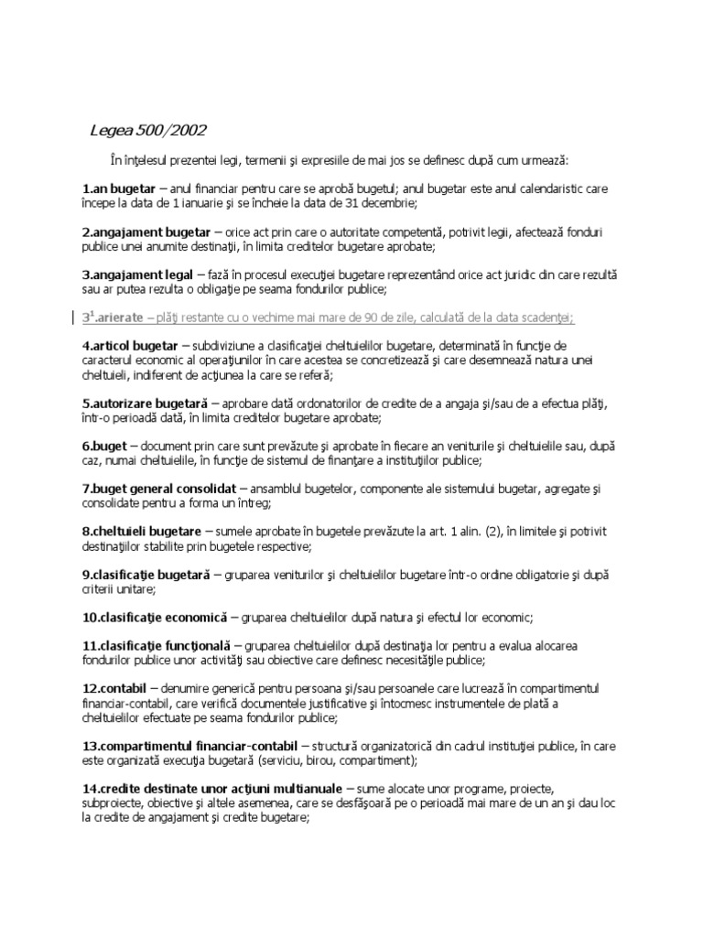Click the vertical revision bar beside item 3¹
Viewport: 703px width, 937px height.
pos(74,317)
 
